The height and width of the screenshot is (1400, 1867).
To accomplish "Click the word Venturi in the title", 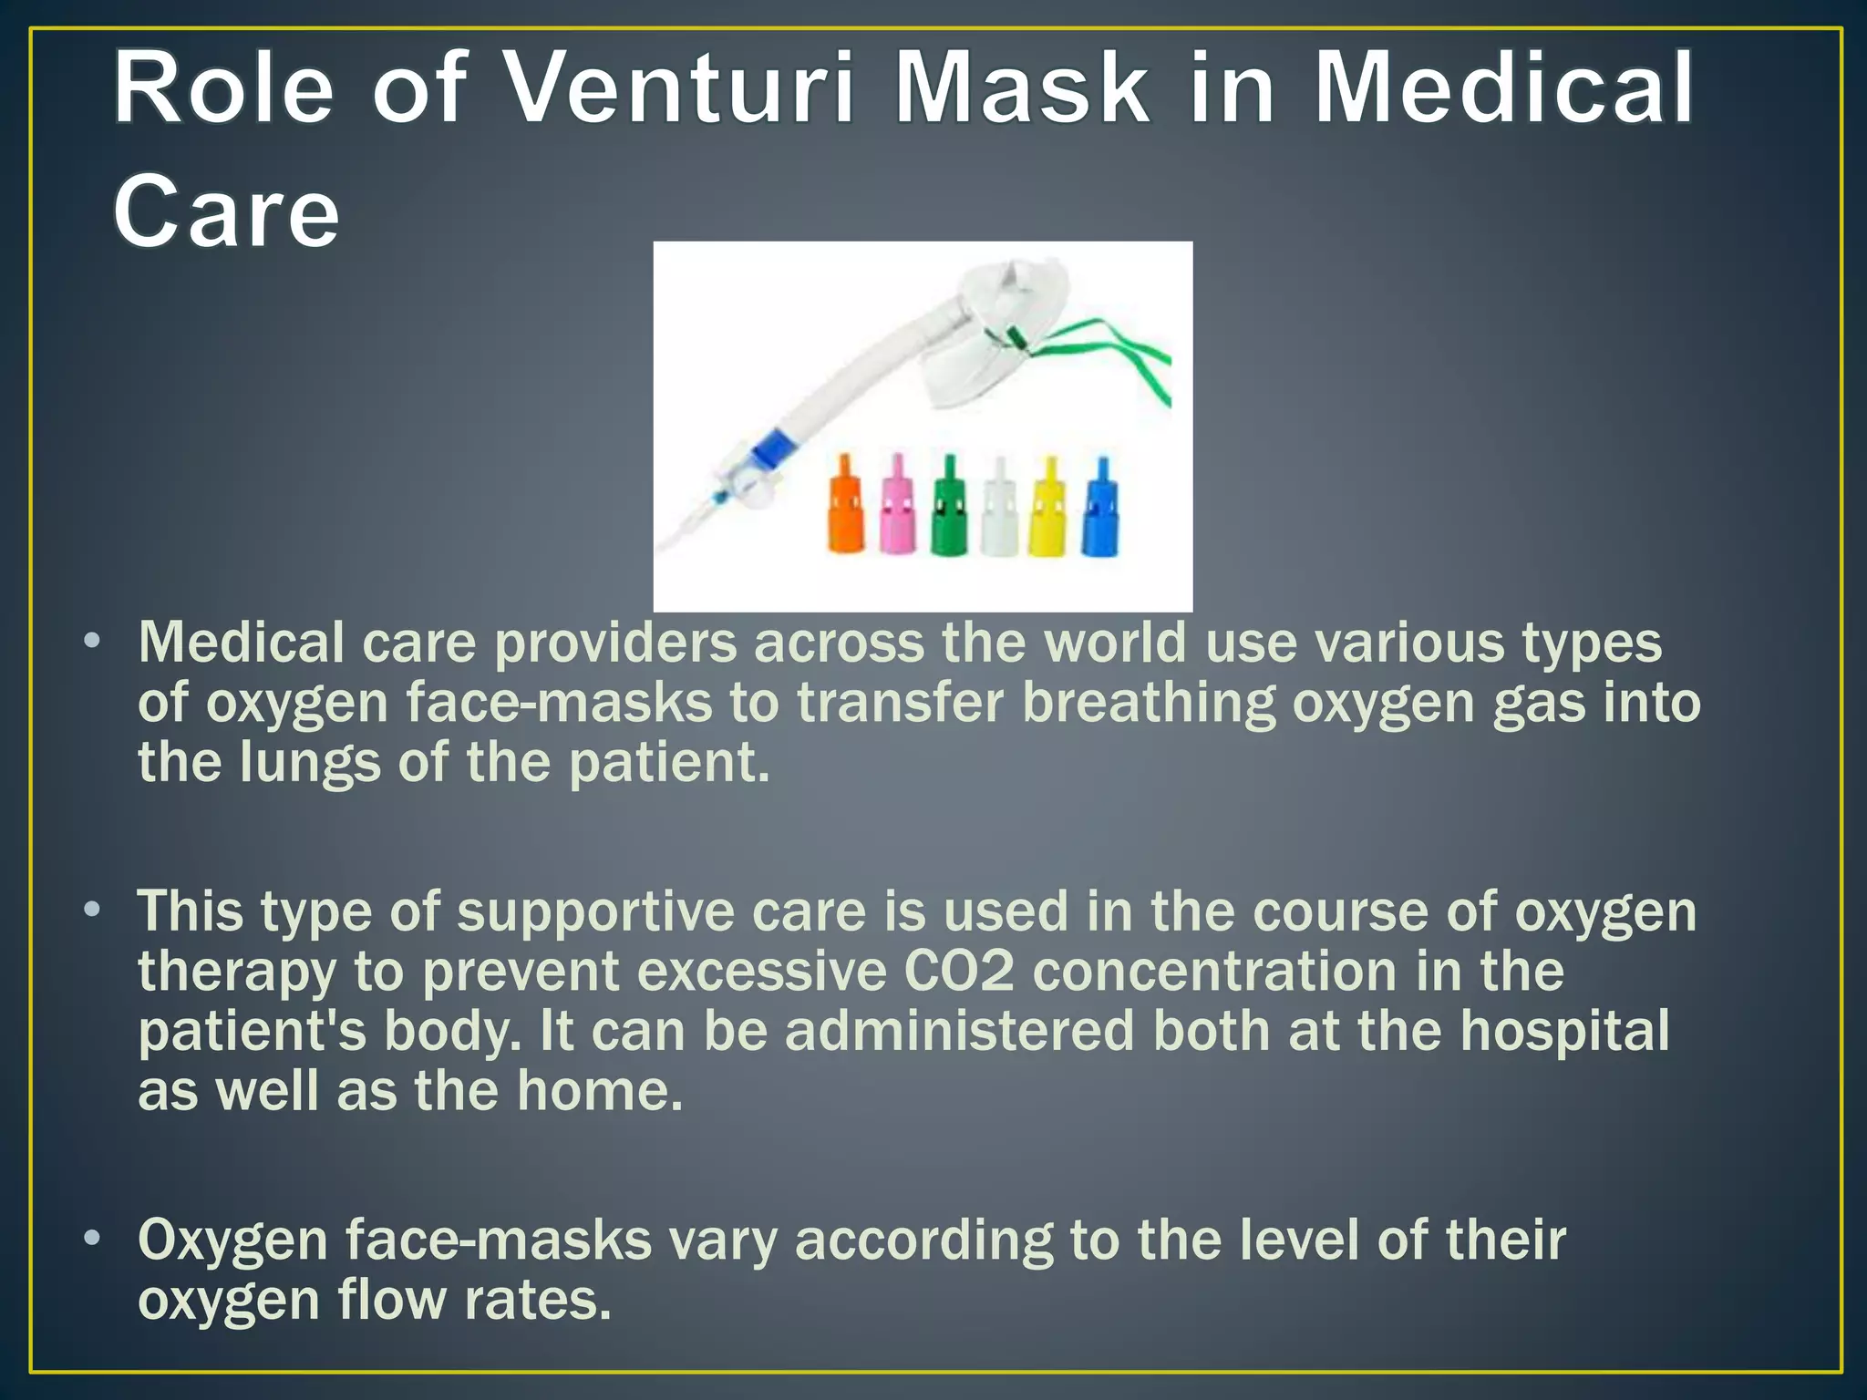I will [678, 89].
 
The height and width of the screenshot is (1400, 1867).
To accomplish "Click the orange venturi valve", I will [846, 507].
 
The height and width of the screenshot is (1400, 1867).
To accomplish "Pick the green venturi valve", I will [949, 507].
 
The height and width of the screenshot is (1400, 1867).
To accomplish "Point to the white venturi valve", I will [999, 507].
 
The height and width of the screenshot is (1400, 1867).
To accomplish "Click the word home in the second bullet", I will [598, 1091].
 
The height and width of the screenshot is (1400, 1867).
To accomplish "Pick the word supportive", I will [595, 911].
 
